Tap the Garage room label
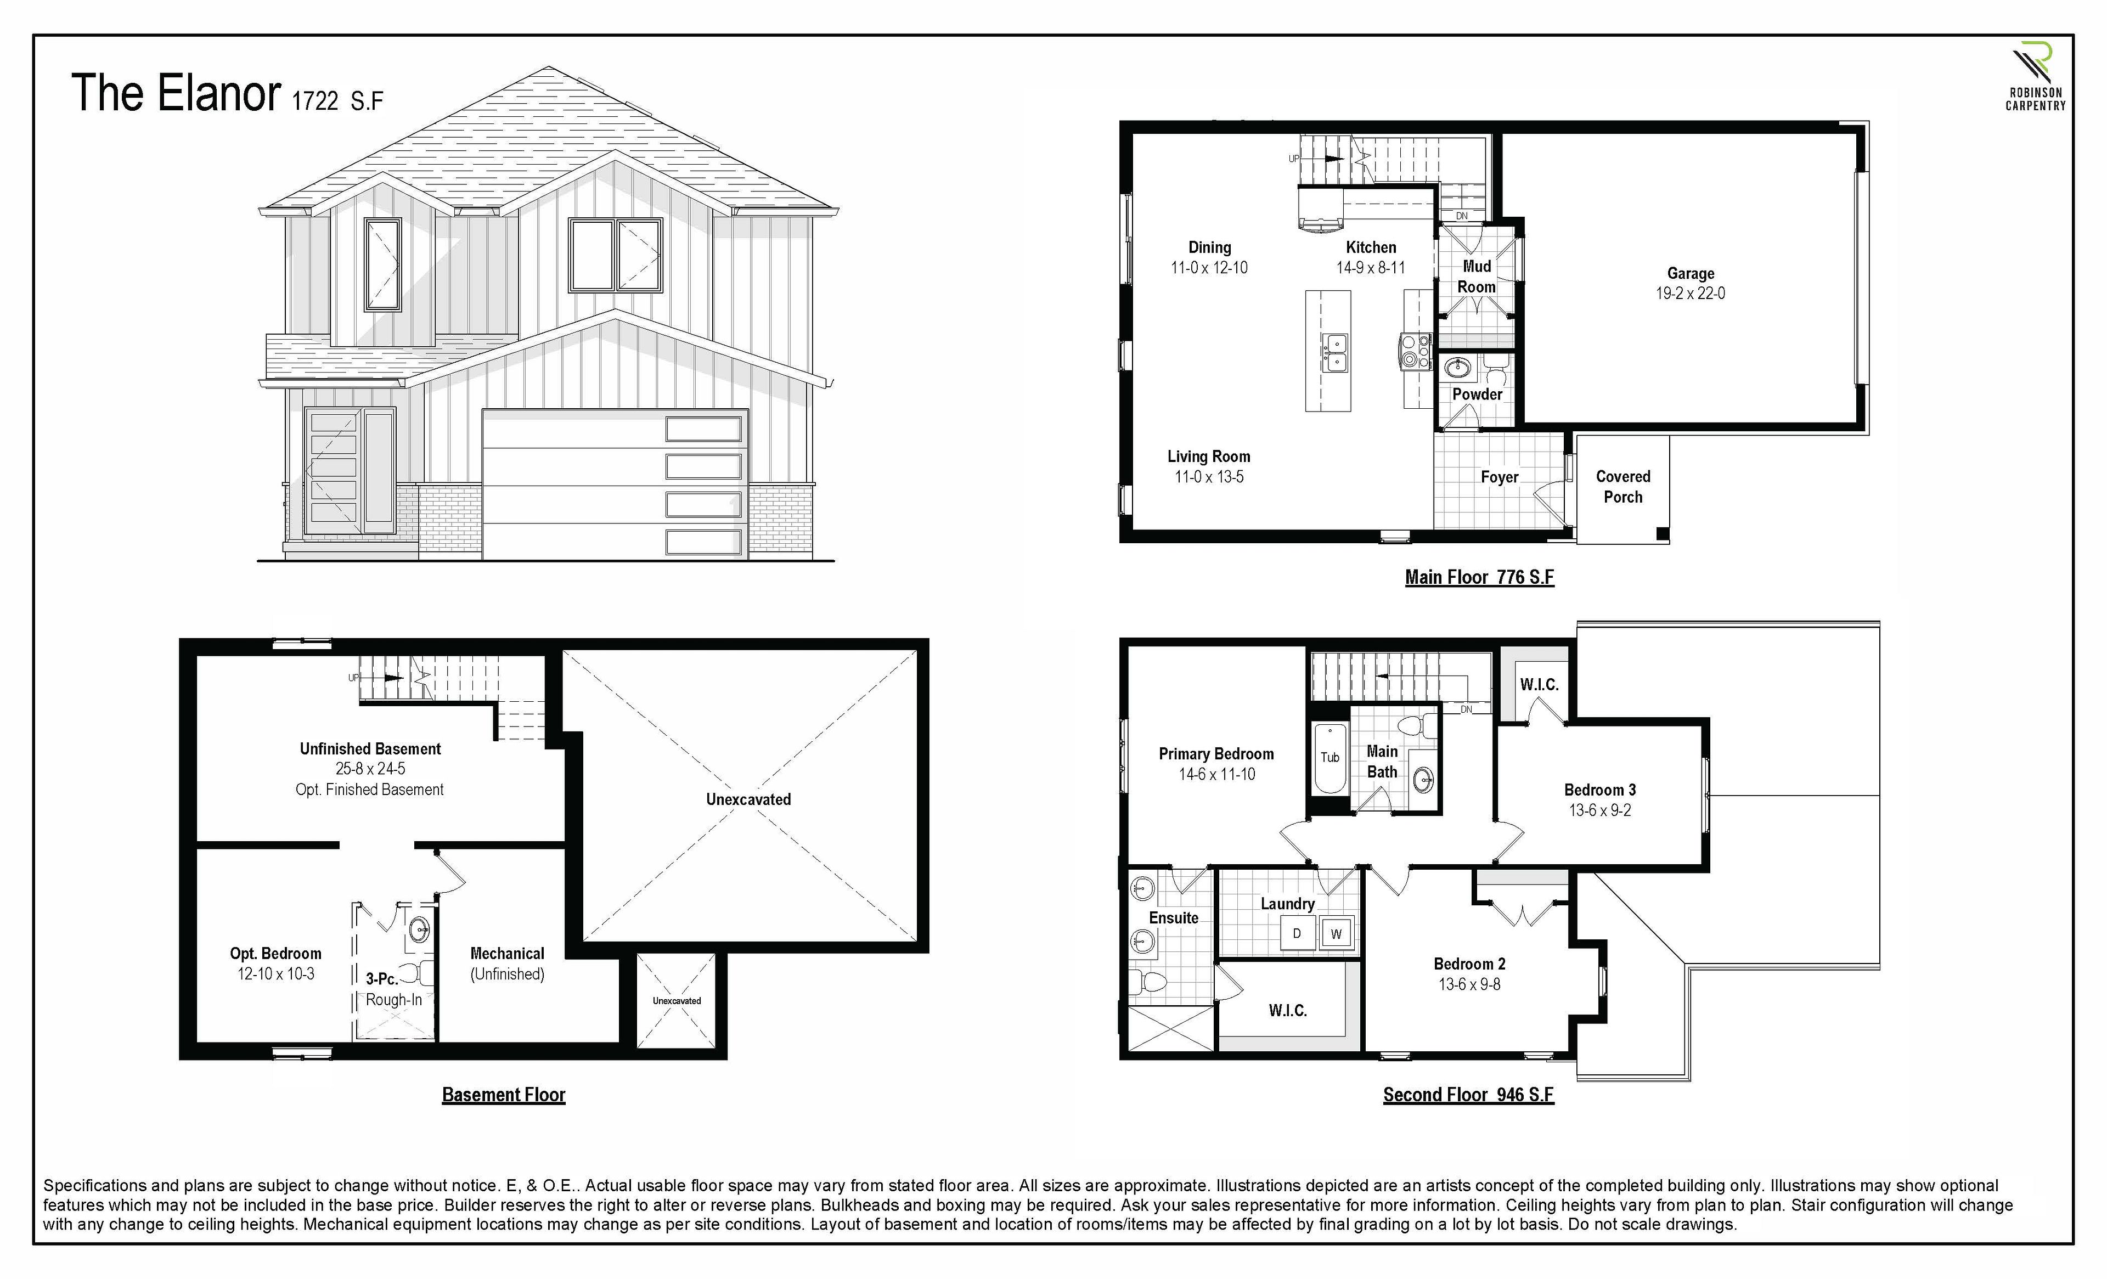pos(1691,274)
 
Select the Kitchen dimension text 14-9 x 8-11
pos(1371,268)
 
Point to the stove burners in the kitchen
pos(1413,351)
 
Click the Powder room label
pos(1477,394)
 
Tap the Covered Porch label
pos(1623,487)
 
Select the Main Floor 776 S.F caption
pos(1479,577)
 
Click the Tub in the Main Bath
pos(1329,758)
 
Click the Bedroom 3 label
pos(1600,790)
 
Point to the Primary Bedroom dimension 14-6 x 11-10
pos(1217,775)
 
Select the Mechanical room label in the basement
pos(507,953)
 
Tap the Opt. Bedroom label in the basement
pos(275,953)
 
